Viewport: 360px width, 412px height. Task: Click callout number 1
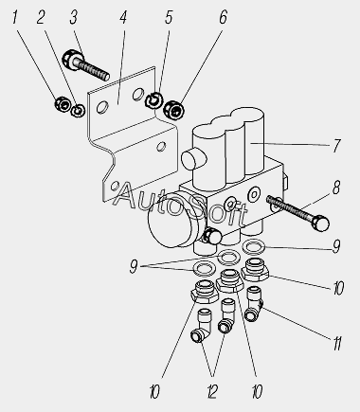click(14, 18)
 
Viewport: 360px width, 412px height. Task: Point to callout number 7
click(337, 146)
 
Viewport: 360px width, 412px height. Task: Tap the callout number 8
click(336, 188)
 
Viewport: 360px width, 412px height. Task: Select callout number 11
click(337, 343)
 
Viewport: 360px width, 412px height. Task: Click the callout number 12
click(212, 392)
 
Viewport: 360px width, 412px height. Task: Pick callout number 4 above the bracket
click(123, 17)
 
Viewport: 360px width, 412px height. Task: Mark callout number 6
click(223, 17)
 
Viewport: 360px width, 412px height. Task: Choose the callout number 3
click(74, 17)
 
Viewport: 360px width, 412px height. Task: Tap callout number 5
click(169, 17)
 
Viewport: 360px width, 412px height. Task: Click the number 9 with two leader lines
click(134, 267)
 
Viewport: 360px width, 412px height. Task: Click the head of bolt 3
click(70, 59)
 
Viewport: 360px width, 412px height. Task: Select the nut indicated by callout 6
click(174, 109)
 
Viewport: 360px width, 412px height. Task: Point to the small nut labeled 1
click(62, 104)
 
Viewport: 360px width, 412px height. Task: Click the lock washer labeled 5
click(154, 100)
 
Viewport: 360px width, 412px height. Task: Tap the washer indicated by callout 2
click(78, 110)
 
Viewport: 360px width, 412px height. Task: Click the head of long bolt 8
click(320, 222)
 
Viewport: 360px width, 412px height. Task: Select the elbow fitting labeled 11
click(254, 304)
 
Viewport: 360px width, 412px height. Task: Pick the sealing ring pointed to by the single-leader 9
click(253, 247)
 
